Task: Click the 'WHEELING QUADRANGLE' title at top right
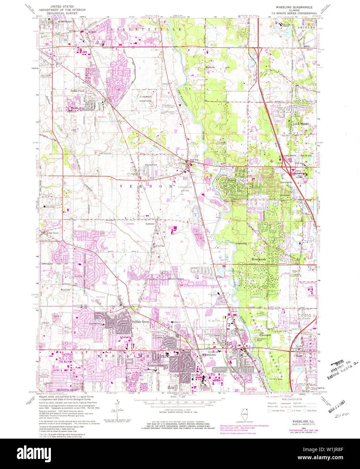click(294, 7)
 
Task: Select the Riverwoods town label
click(259, 259)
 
